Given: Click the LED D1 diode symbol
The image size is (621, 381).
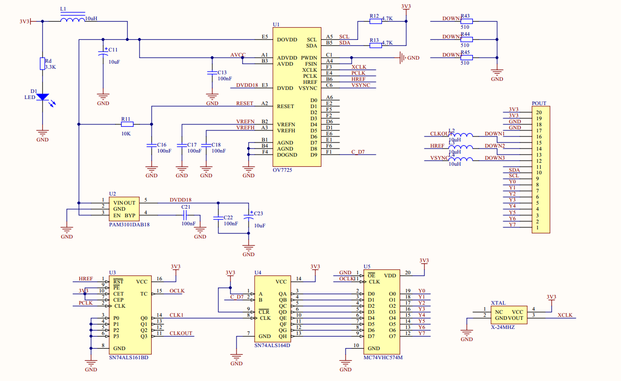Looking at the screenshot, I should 42,96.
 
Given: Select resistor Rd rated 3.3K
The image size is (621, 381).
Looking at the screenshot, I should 42,64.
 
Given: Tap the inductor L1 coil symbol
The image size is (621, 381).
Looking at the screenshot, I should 72,21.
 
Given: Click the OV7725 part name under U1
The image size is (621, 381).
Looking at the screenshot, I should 282,170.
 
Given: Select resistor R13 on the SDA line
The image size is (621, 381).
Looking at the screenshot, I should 375,45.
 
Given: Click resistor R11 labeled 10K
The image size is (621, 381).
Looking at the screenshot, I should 127,124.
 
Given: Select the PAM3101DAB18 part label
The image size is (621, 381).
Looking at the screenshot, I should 130,224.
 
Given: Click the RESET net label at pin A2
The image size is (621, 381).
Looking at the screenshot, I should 245,104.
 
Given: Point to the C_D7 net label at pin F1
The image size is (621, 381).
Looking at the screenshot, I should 358,152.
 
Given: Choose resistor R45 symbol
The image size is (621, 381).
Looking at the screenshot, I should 466,58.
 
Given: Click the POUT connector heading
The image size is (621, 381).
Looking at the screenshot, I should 539,103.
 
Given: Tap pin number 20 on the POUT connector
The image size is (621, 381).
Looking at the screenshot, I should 539,112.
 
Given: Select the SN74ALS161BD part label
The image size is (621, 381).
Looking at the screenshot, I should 129,357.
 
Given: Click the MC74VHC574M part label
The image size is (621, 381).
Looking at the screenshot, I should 383,357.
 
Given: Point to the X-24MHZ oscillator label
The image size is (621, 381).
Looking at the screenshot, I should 503,327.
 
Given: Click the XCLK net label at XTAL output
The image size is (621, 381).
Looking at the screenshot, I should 565,315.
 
